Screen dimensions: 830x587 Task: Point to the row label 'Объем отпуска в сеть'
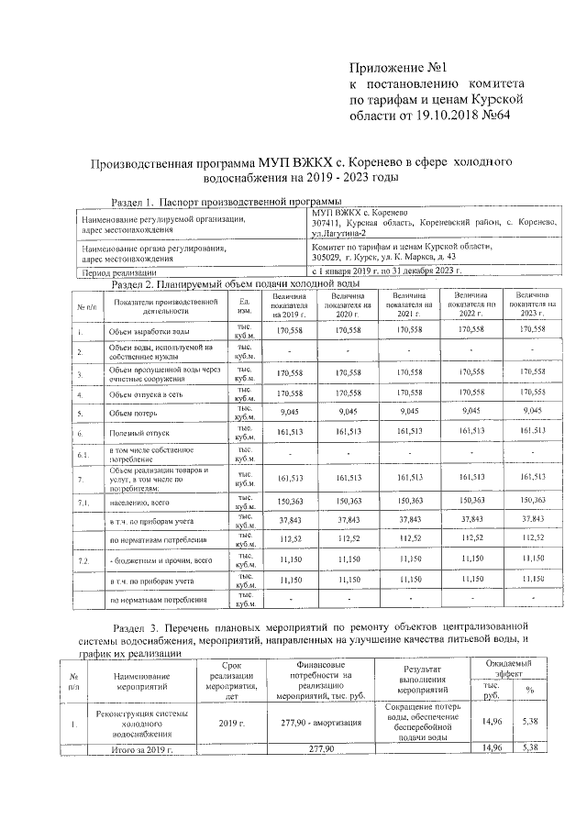tap(150, 394)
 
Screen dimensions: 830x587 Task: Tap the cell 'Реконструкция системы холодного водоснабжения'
tap(140, 724)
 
